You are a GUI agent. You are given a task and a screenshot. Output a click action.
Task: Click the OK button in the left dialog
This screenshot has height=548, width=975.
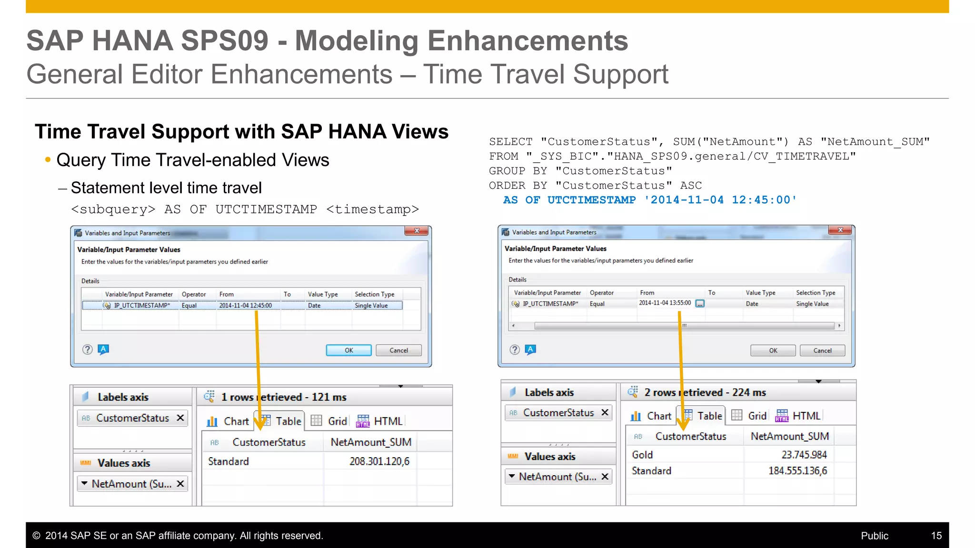pyautogui.click(x=348, y=351)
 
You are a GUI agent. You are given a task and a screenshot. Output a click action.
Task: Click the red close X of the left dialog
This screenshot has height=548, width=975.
pyautogui.click(x=417, y=231)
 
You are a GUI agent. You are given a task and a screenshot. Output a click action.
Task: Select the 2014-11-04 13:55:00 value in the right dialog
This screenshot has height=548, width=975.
pyautogui.click(x=665, y=303)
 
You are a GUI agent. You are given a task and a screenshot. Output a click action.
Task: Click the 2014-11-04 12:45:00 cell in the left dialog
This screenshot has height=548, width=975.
pyautogui.click(x=245, y=305)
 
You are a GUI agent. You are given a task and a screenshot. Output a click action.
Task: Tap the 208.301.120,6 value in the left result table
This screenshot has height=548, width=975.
pyautogui.click(x=379, y=461)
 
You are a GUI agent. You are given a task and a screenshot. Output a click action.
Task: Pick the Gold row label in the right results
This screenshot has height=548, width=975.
pyautogui.click(x=642, y=455)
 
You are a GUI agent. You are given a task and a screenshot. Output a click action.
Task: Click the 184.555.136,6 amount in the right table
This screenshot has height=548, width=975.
pyautogui.click(x=797, y=471)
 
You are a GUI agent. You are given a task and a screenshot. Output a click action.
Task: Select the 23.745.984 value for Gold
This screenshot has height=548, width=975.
pyautogui.click(x=804, y=455)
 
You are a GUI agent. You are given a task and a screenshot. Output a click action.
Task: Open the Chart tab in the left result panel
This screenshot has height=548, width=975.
pyautogui.click(x=228, y=421)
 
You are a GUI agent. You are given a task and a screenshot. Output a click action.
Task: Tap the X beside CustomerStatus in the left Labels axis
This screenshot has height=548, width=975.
pyautogui.click(x=180, y=418)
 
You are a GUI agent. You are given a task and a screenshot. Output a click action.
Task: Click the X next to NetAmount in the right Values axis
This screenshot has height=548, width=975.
pyautogui.click(x=605, y=476)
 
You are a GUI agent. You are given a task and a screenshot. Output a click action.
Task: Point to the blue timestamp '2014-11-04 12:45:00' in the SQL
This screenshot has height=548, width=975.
pyautogui.click(x=721, y=200)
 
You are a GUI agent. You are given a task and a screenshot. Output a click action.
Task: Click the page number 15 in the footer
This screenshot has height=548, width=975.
pyautogui.click(x=936, y=536)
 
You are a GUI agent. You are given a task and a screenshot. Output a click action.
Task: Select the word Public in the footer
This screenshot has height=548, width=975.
pyautogui.click(x=874, y=536)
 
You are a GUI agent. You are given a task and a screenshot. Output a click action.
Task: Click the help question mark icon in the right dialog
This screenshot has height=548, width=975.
pyautogui.click(x=515, y=350)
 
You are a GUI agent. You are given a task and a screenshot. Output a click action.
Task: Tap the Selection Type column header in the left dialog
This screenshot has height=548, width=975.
pyautogui.click(x=374, y=294)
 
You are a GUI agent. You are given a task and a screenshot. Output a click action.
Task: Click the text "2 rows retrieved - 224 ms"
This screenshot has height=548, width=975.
pyautogui.click(x=705, y=392)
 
